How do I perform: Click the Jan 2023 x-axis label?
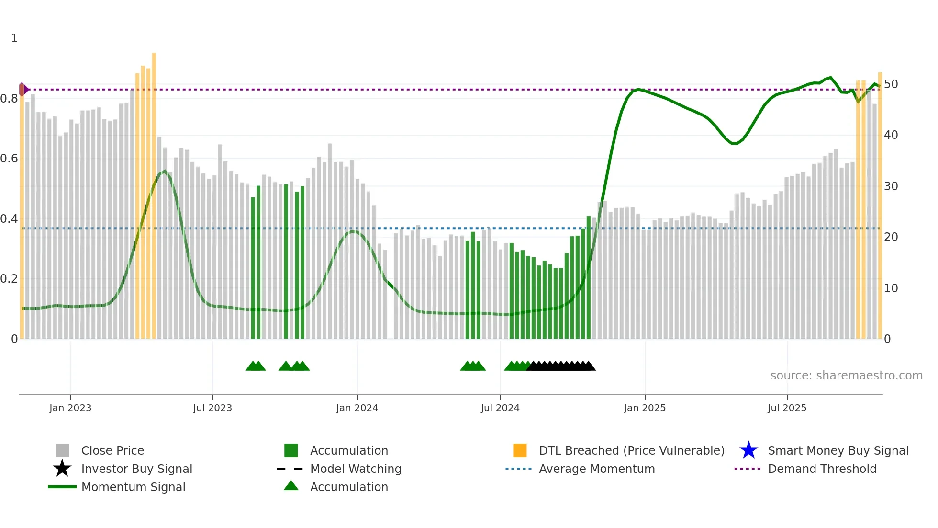(70, 408)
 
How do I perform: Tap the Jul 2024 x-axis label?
(500, 408)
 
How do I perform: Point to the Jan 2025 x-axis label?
(644, 408)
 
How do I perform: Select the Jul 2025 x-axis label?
(787, 408)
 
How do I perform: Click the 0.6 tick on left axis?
(9, 159)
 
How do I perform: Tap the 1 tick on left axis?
(14, 38)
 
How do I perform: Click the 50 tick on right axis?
(891, 84)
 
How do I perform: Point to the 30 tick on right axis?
(891, 186)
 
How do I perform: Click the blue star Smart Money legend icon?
(748, 450)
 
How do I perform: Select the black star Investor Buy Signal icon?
(62, 469)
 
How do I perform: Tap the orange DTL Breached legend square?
(520, 450)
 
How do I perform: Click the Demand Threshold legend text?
(822, 469)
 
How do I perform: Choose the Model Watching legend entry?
(356, 469)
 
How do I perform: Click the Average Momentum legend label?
(597, 469)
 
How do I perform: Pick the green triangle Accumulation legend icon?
(291, 486)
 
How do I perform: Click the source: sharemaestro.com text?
(846, 376)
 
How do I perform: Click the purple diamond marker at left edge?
(22, 89)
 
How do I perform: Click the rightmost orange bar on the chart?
(880, 206)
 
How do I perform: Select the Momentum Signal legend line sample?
(62, 487)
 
